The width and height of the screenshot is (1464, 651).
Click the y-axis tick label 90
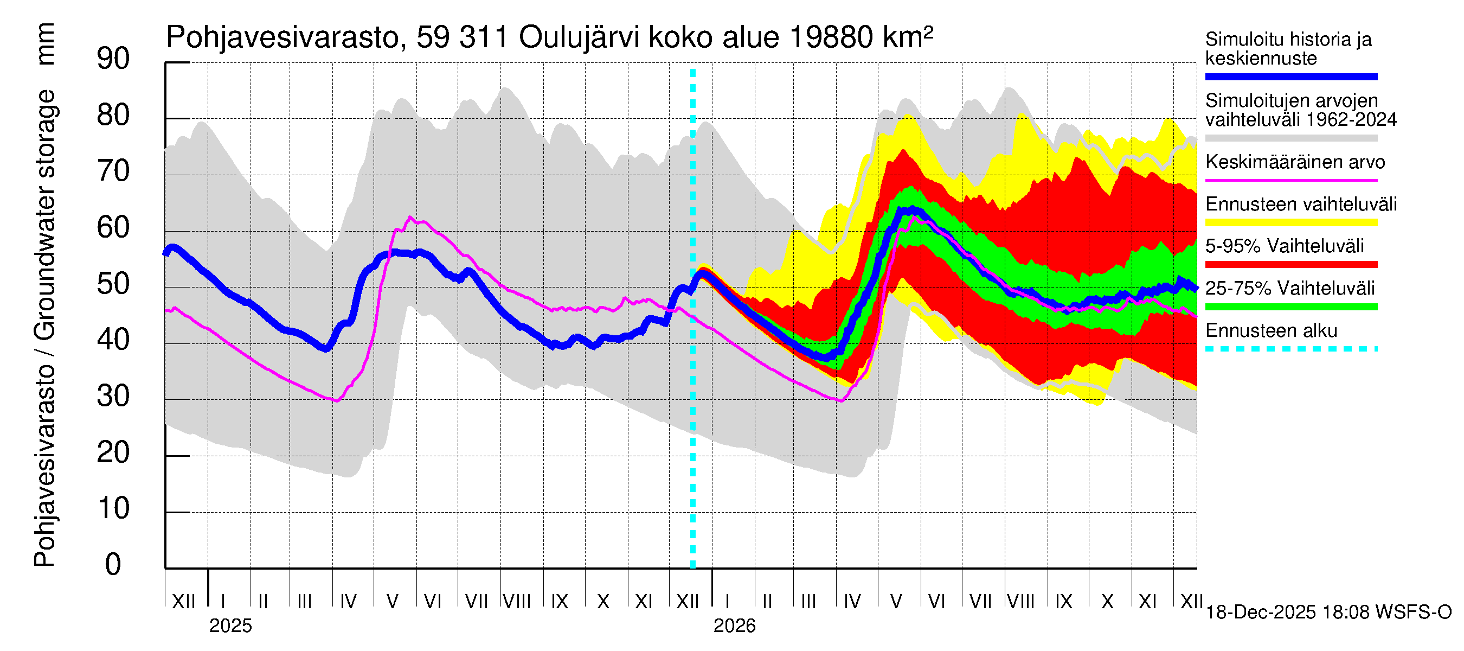click(113, 59)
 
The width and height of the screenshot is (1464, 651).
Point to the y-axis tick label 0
click(113, 565)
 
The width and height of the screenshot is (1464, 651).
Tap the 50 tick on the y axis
click(113, 284)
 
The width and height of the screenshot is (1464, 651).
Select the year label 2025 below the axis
click(230, 626)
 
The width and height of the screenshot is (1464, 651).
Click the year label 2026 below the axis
click(734, 626)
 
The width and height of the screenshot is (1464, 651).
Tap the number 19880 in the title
click(831, 37)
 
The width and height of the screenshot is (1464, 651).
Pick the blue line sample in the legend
click(1290, 76)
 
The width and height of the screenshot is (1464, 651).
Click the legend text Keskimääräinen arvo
click(1295, 162)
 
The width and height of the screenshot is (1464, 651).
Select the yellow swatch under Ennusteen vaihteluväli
click(1290, 222)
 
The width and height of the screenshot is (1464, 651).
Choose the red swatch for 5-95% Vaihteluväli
click(1290, 264)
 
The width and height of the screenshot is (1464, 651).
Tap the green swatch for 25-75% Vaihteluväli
click(1290, 307)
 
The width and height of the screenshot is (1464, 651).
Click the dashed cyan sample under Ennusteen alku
click(1290, 349)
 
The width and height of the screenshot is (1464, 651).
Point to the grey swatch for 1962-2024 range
click(1290, 138)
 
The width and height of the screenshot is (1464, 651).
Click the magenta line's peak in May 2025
click(410, 217)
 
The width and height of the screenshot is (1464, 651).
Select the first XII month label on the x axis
click(183, 601)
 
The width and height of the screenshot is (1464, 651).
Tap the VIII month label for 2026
click(1020, 601)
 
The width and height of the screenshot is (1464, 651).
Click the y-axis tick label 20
click(113, 452)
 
